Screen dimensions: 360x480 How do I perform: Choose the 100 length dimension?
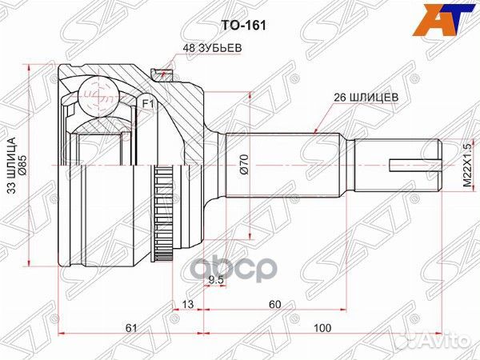coord(322,328)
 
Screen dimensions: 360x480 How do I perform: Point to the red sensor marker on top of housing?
coord(166,71)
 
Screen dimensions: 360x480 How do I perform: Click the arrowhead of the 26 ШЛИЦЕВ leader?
coord(317,130)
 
